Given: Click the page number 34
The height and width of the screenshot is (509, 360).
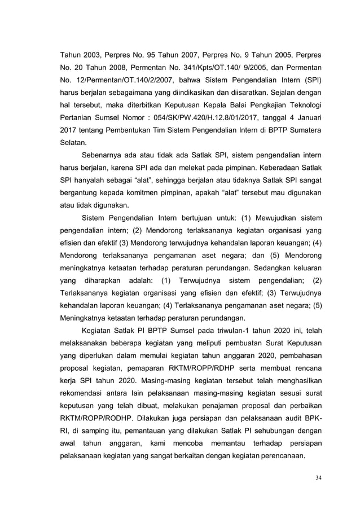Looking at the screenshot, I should pyautogui.click(x=319, y=479).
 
